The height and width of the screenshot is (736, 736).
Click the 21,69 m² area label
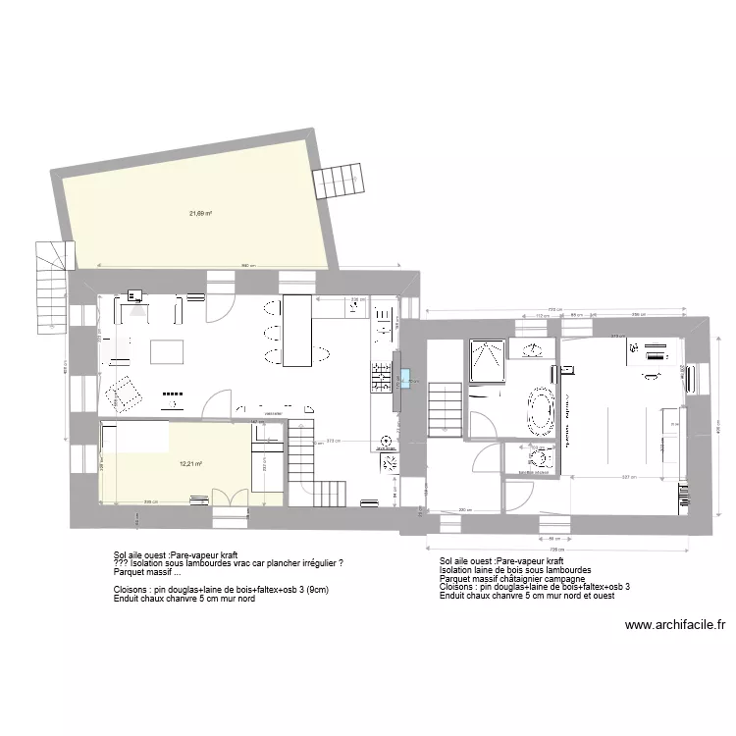[x=201, y=213]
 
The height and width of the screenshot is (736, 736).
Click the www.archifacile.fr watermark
[x=674, y=624]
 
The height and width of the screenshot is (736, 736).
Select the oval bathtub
[x=541, y=411]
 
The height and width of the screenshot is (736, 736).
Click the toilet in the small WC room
[x=538, y=458]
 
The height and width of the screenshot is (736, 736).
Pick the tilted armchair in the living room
[x=125, y=394]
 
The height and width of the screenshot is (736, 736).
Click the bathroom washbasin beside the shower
[x=536, y=350]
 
